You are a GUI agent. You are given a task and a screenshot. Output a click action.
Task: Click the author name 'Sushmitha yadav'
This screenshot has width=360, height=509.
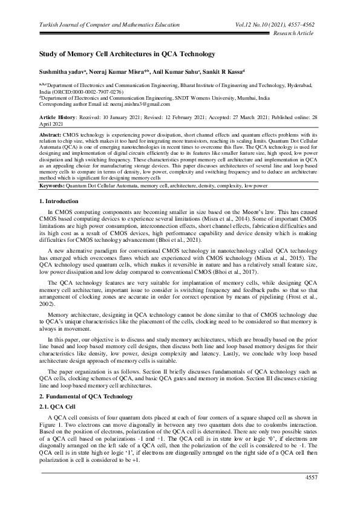point(61,71)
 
